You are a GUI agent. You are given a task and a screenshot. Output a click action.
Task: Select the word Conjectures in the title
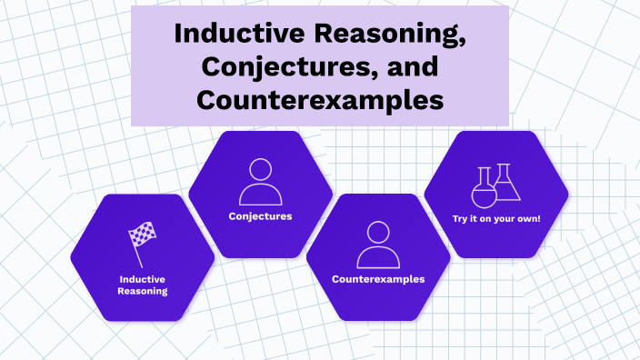click(x=267, y=66)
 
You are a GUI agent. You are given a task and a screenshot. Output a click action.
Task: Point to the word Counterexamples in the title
click(x=320, y=98)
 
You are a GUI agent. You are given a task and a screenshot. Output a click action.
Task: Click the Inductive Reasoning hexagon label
click(x=143, y=285)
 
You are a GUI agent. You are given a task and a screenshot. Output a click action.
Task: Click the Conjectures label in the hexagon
click(x=260, y=216)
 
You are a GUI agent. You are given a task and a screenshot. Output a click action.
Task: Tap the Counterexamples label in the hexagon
click(x=378, y=279)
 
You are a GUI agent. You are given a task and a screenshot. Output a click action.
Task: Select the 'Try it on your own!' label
click(x=496, y=218)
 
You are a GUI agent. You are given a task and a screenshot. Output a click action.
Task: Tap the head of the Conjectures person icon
click(x=260, y=170)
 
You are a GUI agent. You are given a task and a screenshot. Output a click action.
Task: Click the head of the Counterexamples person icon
click(x=378, y=232)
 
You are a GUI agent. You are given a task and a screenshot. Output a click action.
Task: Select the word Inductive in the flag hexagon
click(x=143, y=278)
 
